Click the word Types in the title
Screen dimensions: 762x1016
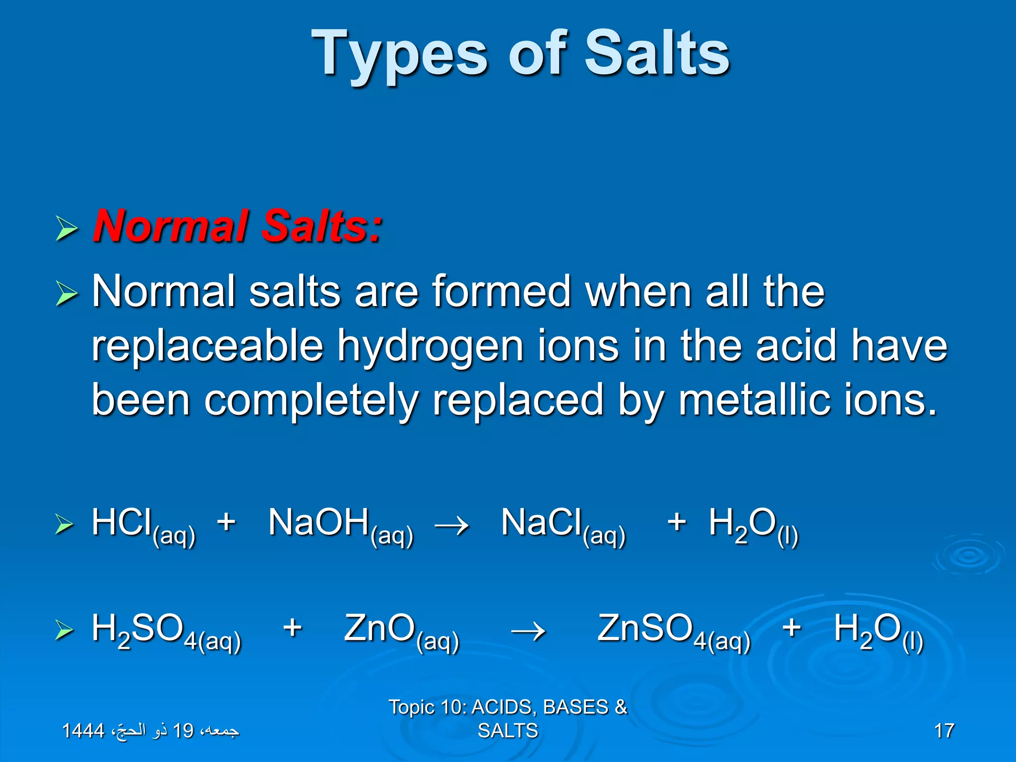(x=399, y=55)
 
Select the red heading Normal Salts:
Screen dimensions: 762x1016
(x=238, y=226)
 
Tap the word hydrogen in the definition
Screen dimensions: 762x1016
(x=430, y=346)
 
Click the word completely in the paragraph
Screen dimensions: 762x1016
(x=312, y=401)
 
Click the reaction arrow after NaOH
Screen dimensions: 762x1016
(x=451, y=525)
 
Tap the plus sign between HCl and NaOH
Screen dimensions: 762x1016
(x=226, y=522)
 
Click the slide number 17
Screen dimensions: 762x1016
(x=944, y=731)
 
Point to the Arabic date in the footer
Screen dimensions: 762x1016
(x=150, y=730)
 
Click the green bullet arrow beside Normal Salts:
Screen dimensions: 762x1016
(x=66, y=229)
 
